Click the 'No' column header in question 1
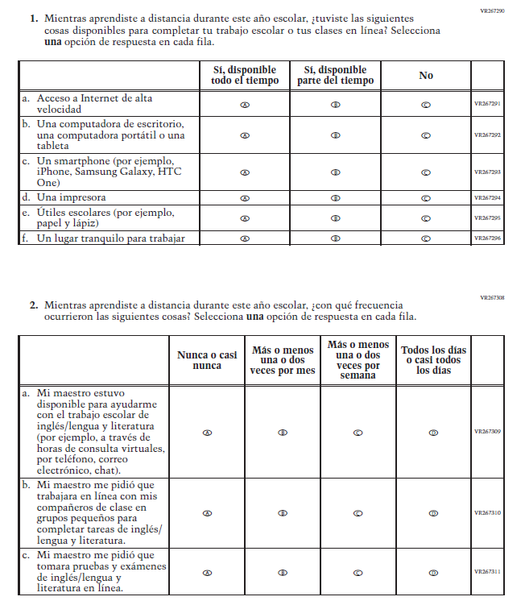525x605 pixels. coord(426,75)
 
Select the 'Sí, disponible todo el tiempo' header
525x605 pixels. coord(245,75)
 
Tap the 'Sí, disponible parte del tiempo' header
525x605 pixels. coord(335,75)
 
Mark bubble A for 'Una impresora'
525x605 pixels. coord(245,197)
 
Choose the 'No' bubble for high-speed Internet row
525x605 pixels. coord(426,104)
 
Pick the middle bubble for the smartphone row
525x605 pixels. coord(335,172)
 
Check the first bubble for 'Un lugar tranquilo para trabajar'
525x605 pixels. coord(245,238)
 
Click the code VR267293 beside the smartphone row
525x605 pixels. coord(487,172)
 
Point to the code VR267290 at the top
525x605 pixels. coord(492,11)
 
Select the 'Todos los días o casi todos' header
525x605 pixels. coord(434,360)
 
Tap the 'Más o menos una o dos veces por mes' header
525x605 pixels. coord(283,360)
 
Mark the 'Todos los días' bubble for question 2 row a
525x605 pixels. coord(434,432)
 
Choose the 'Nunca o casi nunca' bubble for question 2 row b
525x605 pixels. coord(207,512)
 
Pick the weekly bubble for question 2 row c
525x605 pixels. coord(358,573)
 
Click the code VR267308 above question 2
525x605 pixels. coord(492,298)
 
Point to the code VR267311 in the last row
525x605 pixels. coord(487,572)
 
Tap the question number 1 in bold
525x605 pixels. coord(34,18)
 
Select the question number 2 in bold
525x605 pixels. coord(34,305)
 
